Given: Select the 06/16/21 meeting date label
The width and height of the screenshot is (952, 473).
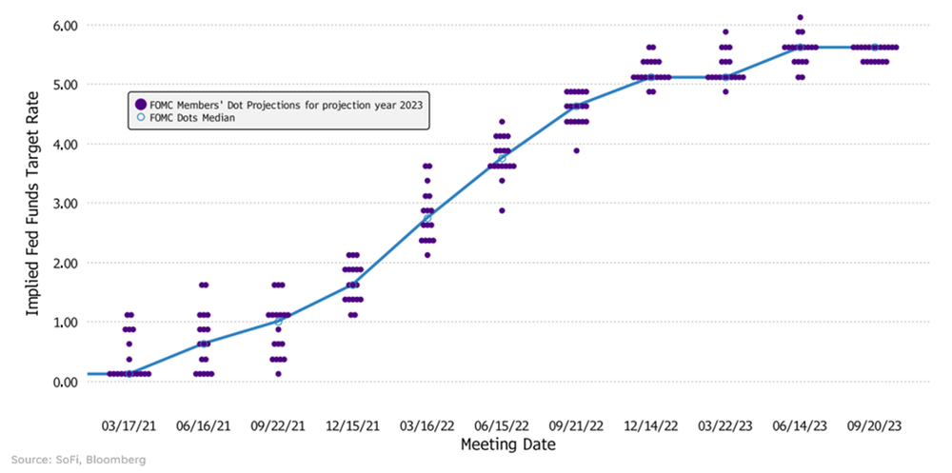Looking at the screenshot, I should [x=204, y=422].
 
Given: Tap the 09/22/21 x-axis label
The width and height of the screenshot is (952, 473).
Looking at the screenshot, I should [x=278, y=422].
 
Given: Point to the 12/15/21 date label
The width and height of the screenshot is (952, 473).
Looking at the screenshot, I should [x=353, y=422].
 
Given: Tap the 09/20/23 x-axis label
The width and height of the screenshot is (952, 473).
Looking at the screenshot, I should [x=875, y=422].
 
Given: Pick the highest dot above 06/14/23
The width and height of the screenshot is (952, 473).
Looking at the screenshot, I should [x=801, y=17].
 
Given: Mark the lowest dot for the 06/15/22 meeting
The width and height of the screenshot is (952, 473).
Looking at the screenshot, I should [x=502, y=210].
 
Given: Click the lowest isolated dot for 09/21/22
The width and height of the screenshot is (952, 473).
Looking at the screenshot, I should [x=576, y=150].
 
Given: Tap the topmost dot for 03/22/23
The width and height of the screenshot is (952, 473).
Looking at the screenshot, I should [x=725, y=31].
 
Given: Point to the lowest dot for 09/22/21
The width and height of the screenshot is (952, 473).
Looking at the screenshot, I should [x=278, y=374].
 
